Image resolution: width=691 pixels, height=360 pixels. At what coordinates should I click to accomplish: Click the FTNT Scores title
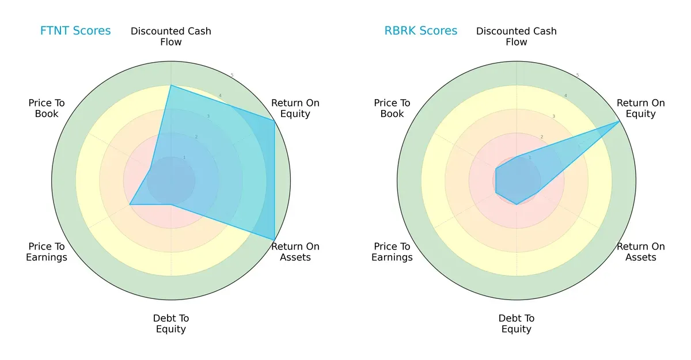(x=75, y=31)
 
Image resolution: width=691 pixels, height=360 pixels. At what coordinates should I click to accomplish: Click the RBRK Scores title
(x=421, y=31)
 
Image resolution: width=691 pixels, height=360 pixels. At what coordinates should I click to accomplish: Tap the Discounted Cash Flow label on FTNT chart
(x=171, y=36)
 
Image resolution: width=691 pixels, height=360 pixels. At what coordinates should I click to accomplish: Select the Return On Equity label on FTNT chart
(x=295, y=108)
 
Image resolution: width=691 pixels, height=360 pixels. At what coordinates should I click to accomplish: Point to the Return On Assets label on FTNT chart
(x=295, y=252)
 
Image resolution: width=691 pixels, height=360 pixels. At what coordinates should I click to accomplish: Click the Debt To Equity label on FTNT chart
(x=171, y=324)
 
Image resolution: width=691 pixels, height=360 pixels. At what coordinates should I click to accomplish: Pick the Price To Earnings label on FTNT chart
(x=47, y=252)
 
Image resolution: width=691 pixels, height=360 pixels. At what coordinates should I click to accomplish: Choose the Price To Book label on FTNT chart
(x=47, y=108)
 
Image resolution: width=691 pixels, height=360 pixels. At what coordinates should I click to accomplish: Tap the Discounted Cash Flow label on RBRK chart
(x=517, y=36)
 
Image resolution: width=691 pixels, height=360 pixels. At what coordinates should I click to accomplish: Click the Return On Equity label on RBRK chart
(x=641, y=108)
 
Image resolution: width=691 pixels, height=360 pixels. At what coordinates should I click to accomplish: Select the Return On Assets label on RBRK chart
(x=641, y=252)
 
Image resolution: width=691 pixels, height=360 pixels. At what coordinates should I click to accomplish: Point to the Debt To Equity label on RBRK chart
(x=517, y=324)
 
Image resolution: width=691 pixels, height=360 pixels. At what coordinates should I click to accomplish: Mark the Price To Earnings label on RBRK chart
(x=392, y=252)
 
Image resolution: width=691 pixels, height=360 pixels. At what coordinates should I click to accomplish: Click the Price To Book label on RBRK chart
(x=392, y=108)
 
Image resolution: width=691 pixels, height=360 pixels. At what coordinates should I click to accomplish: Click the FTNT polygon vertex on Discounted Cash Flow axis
(x=171, y=86)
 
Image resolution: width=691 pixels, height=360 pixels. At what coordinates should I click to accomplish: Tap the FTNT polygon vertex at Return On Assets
(x=274, y=240)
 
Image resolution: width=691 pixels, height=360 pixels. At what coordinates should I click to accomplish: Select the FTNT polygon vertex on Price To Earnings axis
(x=130, y=204)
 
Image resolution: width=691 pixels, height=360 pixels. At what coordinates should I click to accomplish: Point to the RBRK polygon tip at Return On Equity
(x=620, y=122)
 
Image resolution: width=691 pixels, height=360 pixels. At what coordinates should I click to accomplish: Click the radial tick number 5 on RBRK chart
(x=578, y=75)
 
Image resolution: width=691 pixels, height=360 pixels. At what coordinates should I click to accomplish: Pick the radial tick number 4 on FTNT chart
(x=220, y=96)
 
